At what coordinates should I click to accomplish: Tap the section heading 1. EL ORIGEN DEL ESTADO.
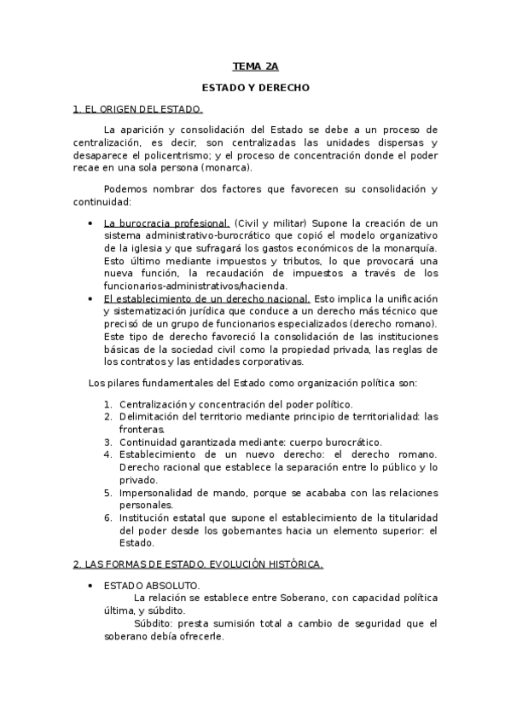137,109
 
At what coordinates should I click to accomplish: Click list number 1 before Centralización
108,403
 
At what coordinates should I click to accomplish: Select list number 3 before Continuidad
108,442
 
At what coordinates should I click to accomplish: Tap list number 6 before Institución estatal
108,518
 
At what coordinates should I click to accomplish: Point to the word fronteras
141,430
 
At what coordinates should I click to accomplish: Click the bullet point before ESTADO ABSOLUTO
90,586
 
